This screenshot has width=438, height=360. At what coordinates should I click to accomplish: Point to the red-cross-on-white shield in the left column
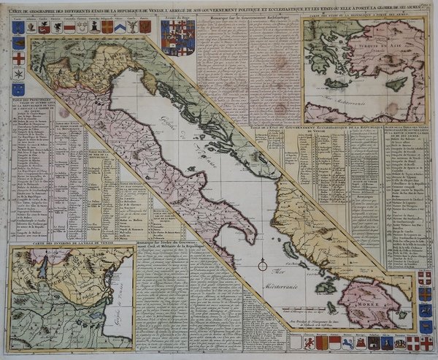click(20, 58)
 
